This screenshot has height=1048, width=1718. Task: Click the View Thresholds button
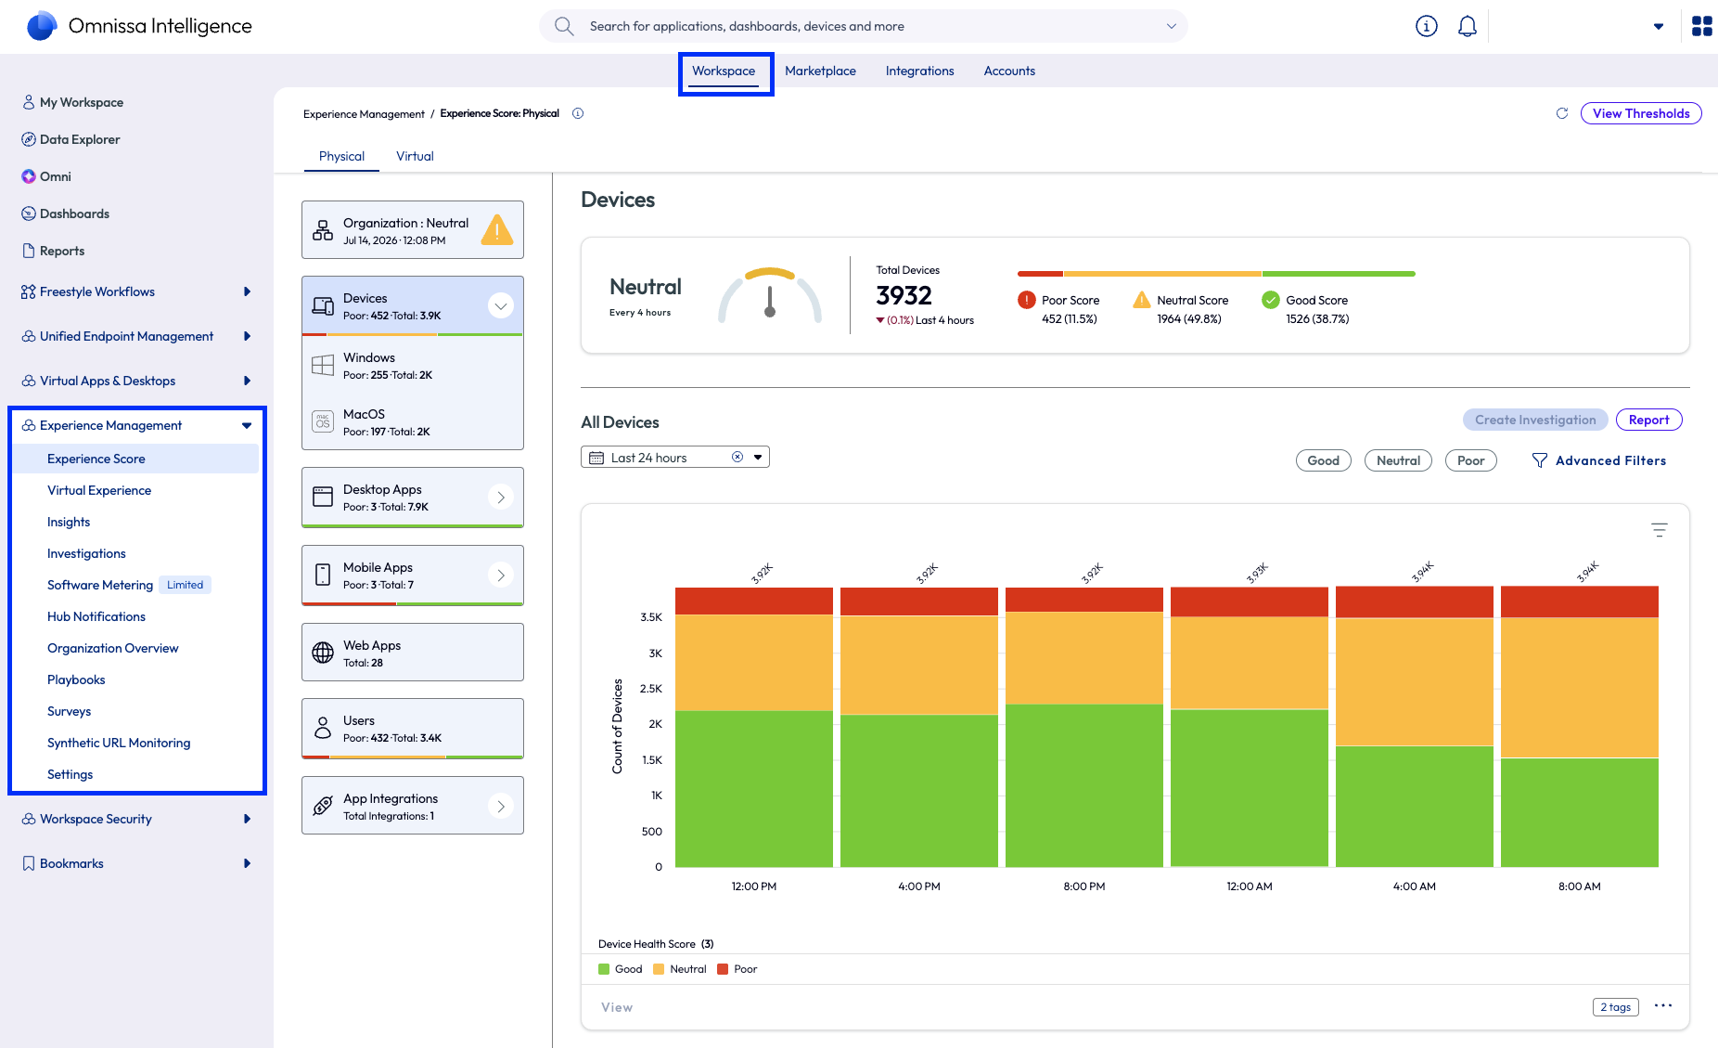[x=1641, y=113]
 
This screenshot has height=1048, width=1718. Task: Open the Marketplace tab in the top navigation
[x=820, y=71]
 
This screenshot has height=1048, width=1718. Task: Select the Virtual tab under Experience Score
[x=415, y=156]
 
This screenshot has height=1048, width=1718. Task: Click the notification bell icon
[x=1468, y=26]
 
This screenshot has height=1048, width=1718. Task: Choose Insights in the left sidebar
[x=69, y=522]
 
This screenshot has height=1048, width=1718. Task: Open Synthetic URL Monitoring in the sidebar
[x=119, y=743]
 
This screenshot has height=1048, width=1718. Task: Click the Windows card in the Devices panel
[x=413, y=366]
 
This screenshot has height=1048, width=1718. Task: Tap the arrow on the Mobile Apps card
[x=501, y=576]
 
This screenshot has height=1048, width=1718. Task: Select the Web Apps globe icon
[x=323, y=653]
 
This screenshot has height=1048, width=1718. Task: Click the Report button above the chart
[x=1648, y=420]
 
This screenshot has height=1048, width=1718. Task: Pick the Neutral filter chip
[x=1398, y=460]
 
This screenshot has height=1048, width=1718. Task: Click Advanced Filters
[x=1598, y=460]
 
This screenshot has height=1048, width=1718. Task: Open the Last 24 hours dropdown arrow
[x=758, y=457]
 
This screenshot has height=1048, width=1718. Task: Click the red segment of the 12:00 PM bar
[x=754, y=601]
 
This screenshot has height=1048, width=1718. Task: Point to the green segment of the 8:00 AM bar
[x=1580, y=812]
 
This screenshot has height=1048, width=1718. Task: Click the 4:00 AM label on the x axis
[x=1415, y=886]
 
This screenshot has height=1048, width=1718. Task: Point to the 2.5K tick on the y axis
[x=651, y=689]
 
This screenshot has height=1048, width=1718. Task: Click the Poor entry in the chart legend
[x=737, y=969]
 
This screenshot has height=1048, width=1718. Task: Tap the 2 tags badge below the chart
[x=1616, y=1007]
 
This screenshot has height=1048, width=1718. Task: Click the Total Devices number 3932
[x=904, y=295]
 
